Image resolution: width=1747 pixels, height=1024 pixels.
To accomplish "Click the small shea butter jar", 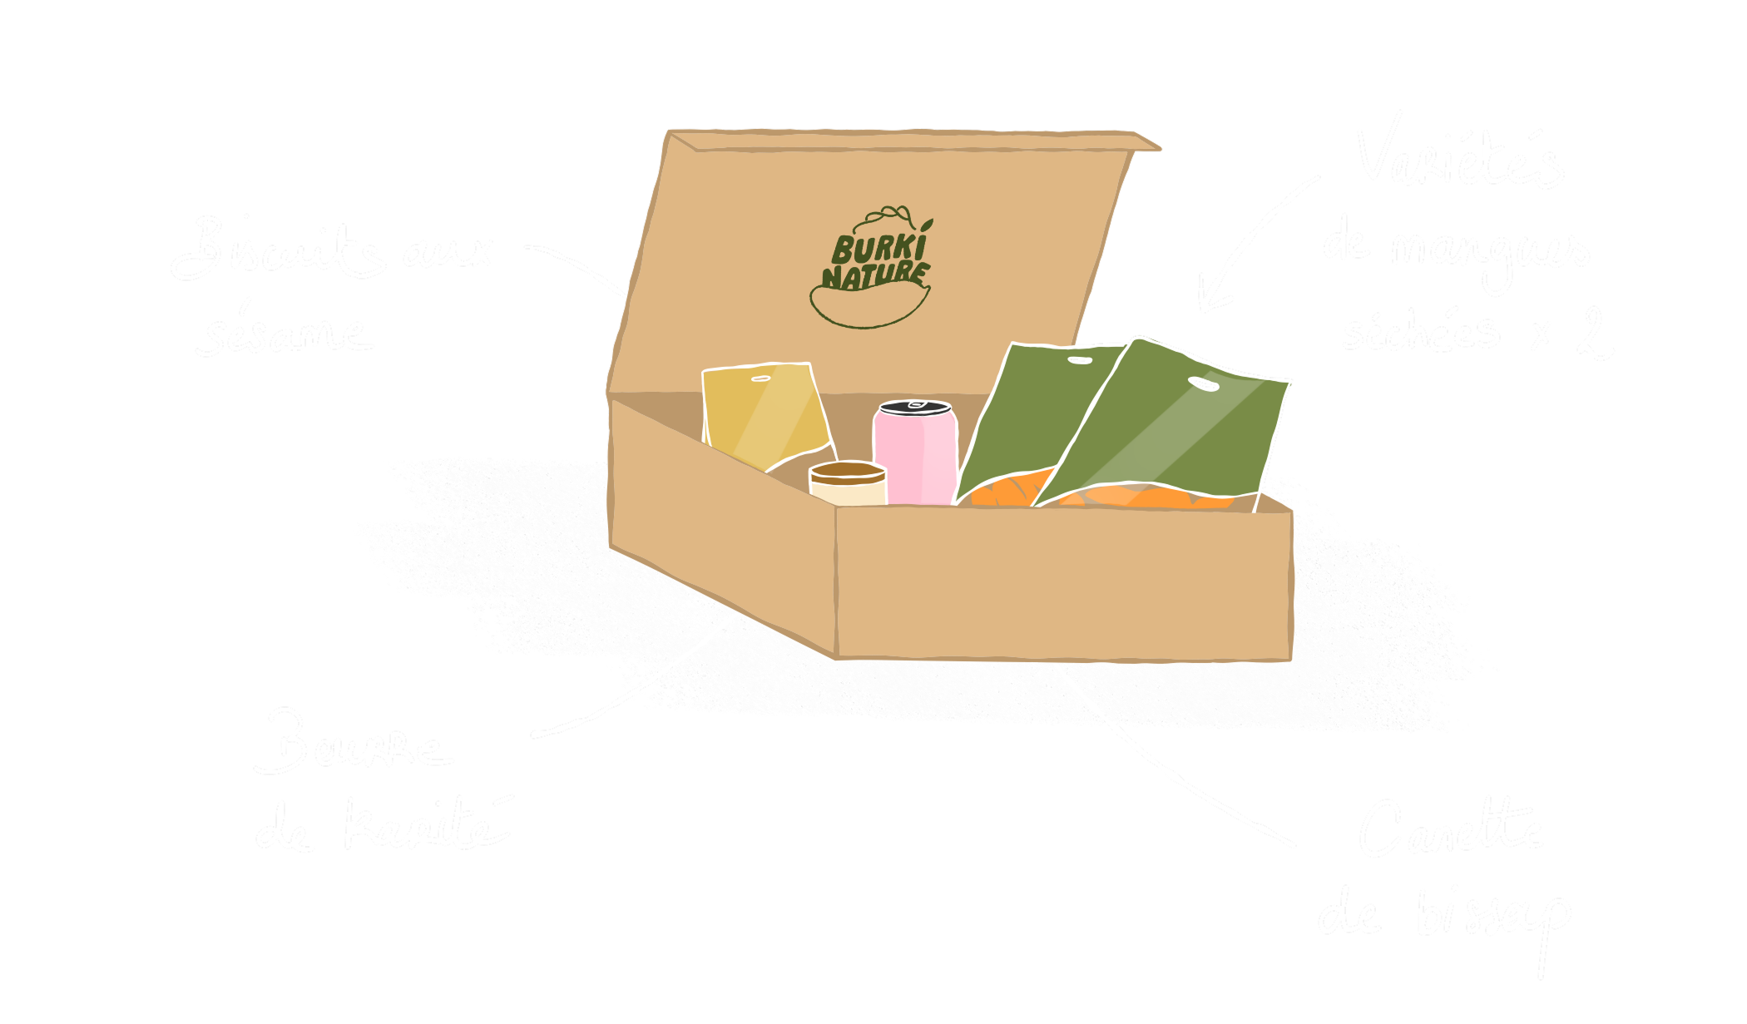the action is pyautogui.click(x=848, y=485).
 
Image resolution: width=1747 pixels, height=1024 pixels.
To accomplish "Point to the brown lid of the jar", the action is pyautogui.click(x=848, y=472).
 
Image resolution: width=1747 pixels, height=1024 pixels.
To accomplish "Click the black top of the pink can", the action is pyautogui.click(x=915, y=408).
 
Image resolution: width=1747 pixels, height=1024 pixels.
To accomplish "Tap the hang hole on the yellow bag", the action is pyautogui.click(x=761, y=379).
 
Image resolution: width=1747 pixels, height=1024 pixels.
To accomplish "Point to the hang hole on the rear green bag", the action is pyautogui.click(x=1080, y=360).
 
